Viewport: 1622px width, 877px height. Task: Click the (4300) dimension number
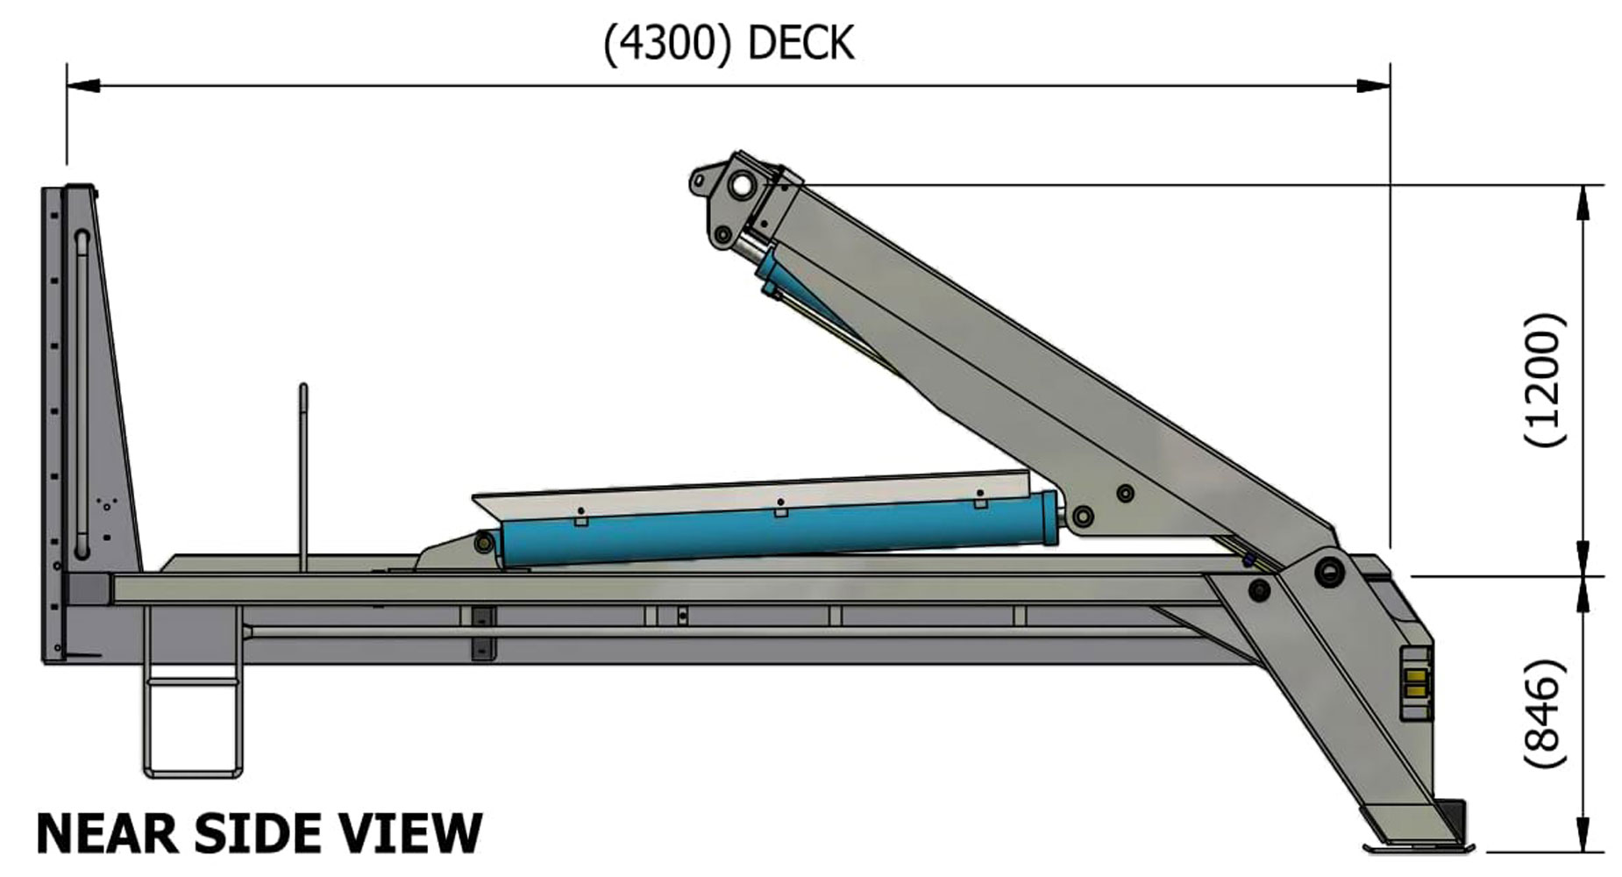[667, 44]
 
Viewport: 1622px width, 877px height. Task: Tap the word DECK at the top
[800, 44]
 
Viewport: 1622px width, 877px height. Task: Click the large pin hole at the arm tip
[742, 185]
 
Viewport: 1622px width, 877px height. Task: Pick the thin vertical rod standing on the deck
[303, 474]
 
